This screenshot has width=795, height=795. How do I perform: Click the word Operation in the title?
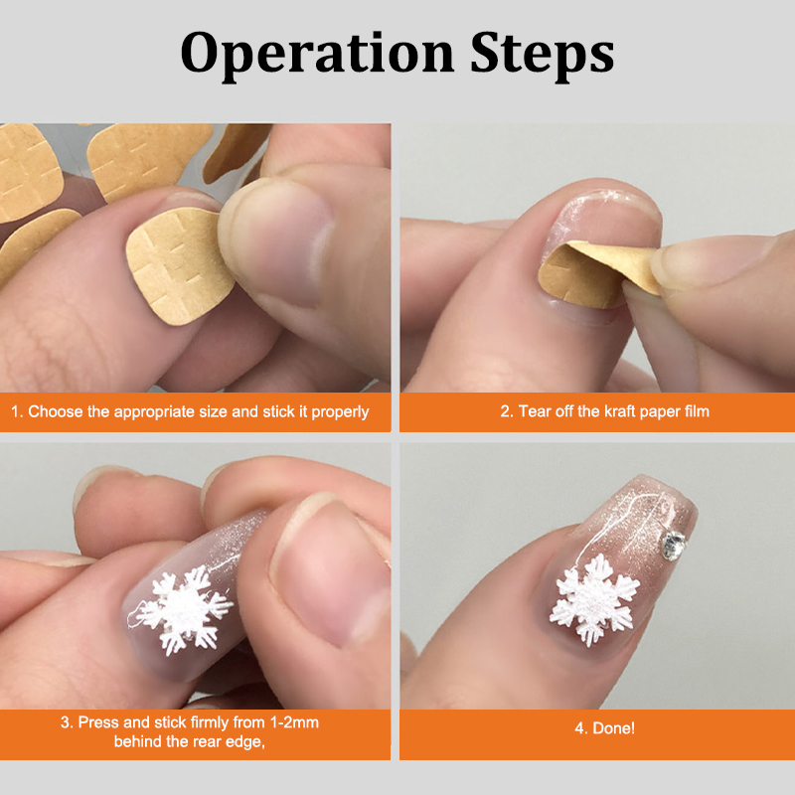point(317,54)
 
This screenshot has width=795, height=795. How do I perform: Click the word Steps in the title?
point(542,54)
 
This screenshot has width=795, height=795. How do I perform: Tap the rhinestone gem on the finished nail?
point(674,546)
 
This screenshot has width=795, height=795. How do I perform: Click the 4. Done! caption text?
point(604,728)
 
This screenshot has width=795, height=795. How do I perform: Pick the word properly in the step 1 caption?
point(340,411)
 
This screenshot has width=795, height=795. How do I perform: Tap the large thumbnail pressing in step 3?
point(330,573)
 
